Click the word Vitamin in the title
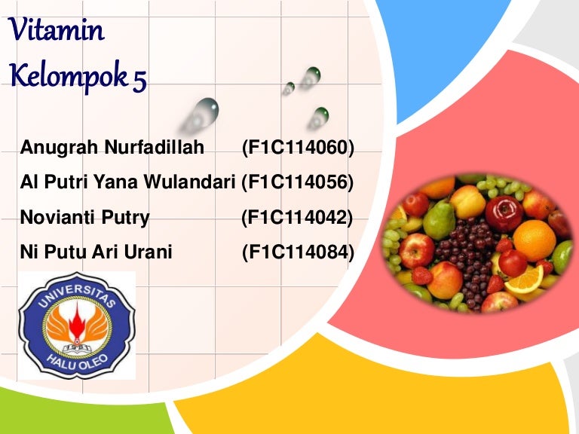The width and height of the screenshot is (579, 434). [56, 29]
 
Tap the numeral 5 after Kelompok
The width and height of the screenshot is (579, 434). [140, 81]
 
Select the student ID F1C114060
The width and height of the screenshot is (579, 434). [299, 147]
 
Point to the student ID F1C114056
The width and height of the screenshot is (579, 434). [298, 182]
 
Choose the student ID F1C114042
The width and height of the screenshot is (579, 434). [297, 217]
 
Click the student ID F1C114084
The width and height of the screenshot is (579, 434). [299, 252]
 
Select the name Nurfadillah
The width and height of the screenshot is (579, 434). [155, 147]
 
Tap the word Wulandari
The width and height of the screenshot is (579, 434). [189, 182]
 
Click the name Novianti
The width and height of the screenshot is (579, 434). [59, 217]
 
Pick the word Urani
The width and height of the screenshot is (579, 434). [148, 252]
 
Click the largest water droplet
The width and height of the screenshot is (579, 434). [202, 114]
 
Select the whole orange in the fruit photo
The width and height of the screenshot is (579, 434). [535, 240]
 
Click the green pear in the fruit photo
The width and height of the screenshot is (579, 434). [439, 220]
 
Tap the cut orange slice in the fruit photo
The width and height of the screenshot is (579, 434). [525, 280]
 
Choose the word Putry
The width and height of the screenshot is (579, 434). [125, 217]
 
